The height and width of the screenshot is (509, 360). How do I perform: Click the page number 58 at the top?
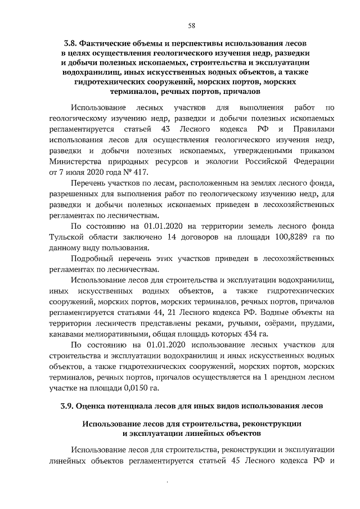point(192,25)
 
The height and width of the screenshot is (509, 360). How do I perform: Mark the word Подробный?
point(92,259)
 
